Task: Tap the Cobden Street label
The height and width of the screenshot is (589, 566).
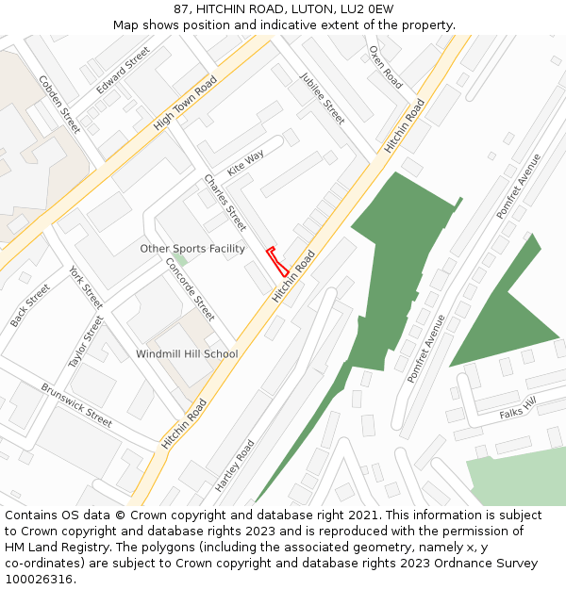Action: pos(59,104)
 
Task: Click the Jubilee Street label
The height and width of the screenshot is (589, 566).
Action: pos(323,98)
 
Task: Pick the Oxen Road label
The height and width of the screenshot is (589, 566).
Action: pos(386,67)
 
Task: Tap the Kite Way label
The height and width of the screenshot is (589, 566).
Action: pos(245,162)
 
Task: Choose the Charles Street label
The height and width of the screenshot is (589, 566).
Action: pos(225,203)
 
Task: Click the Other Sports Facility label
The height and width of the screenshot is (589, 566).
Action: pos(192,249)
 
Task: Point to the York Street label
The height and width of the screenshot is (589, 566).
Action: pos(86,287)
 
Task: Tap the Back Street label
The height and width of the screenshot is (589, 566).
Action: pos(30,305)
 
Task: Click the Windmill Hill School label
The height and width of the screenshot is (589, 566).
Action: pos(187,354)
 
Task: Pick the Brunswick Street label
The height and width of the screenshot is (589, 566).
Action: pos(76,404)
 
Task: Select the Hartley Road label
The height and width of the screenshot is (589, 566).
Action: pos(235,466)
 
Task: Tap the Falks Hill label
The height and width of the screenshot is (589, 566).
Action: pos(518,408)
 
